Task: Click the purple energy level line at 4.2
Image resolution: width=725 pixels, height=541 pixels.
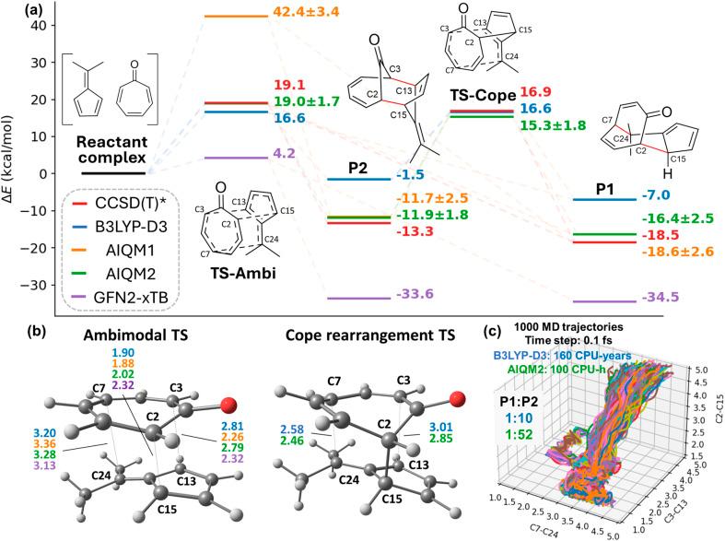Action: [235, 158]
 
